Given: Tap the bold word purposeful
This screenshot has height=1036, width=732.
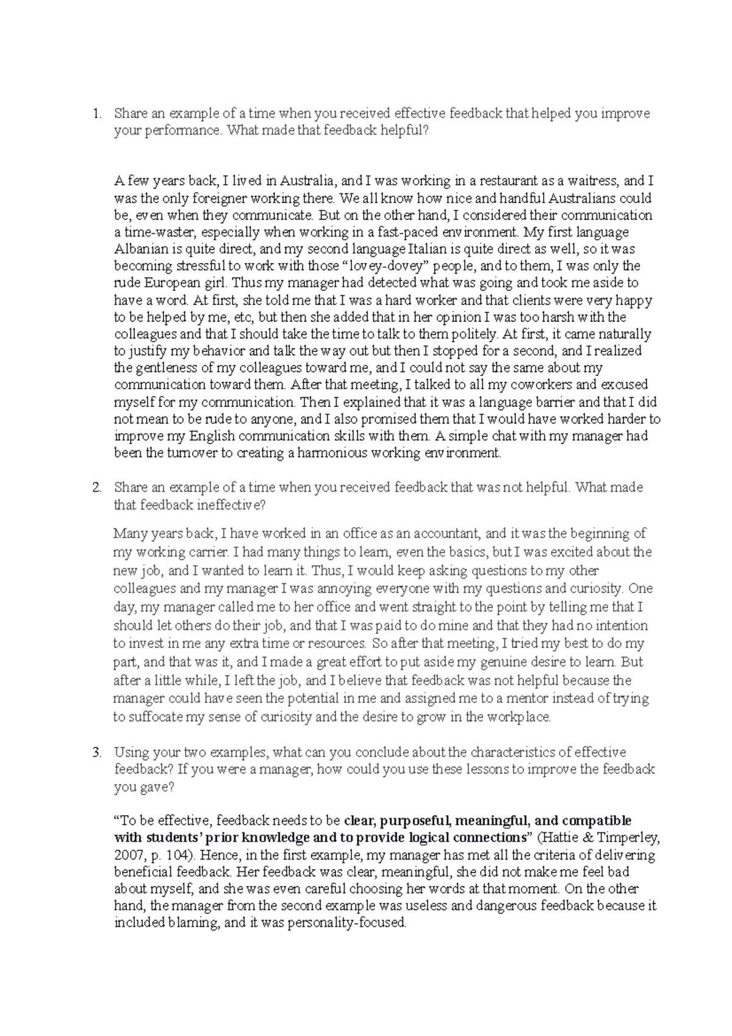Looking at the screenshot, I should [411, 821].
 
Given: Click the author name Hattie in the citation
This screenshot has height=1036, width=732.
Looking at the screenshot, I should [558, 838].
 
